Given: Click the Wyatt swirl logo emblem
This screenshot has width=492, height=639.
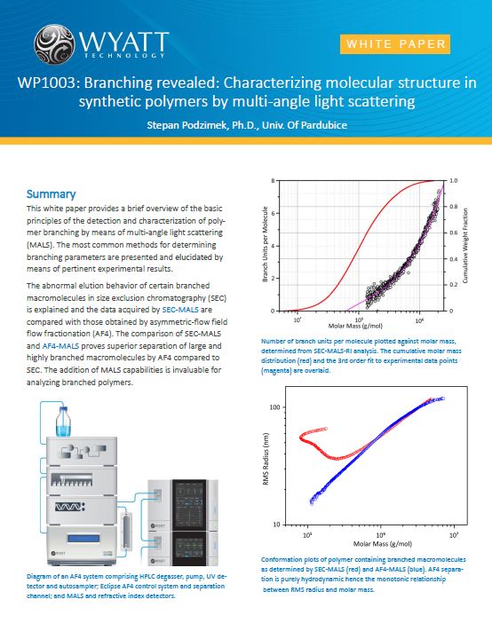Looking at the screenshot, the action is click(54, 44).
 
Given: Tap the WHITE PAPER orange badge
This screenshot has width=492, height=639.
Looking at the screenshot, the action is click(395, 44).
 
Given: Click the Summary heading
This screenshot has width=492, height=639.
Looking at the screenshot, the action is click(51, 194).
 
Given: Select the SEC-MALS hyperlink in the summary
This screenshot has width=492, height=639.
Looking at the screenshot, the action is click(180, 310).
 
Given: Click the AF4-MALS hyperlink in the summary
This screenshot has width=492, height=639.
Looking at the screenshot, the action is click(60, 346).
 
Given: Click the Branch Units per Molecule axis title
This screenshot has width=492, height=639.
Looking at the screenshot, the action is click(265, 244).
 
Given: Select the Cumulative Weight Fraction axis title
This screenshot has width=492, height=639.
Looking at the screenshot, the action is click(465, 246).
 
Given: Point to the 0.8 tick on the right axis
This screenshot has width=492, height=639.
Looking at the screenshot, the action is click(454, 207).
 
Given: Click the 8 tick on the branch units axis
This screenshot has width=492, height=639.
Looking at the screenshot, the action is click(273, 180).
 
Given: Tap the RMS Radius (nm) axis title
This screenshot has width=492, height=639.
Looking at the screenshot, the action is click(266, 459).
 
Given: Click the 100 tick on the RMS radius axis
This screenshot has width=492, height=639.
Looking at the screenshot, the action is click(275, 407).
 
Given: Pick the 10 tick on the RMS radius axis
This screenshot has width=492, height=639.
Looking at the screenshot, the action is click(276, 525).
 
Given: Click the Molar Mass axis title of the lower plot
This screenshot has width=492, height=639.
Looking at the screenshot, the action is click(382, 544).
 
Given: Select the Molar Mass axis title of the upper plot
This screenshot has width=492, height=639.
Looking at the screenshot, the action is click(355, 326).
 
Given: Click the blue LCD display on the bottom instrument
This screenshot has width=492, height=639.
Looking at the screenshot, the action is click(83, 539).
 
